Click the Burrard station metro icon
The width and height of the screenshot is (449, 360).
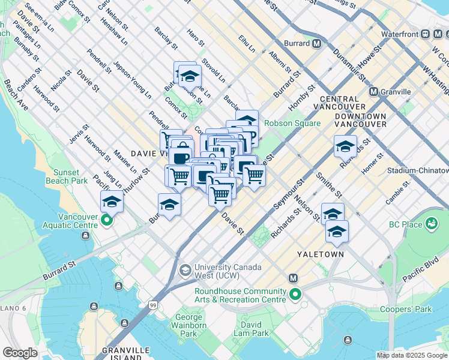coord(316,44)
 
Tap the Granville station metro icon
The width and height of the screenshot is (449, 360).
coord(373,92)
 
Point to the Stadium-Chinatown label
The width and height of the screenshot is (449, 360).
coord(417,170)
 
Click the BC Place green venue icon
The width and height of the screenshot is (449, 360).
coord(430,224)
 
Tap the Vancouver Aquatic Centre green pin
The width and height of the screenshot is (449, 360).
coord(107,221)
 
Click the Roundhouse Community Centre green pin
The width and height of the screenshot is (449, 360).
coord(295,295)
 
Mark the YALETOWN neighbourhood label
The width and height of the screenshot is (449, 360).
coord(321,254)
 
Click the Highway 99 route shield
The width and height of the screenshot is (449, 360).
coord(154,306)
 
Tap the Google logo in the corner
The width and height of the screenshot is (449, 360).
coord(20,352)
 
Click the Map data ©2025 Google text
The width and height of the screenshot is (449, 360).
coord(412,355)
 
